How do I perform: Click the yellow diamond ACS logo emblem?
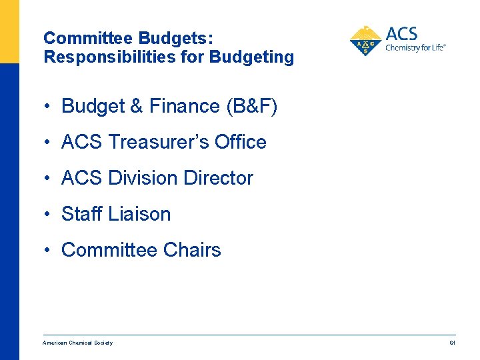tap(365, 41)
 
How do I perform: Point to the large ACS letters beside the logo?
tap(401, 33)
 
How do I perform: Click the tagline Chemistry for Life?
tap(415, 47)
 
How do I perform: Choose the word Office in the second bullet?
tap(240, 142)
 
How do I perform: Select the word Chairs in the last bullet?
tap(191, 250)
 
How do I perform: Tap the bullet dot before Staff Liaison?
tap(49, 214)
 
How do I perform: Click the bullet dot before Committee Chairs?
tap(49, 250)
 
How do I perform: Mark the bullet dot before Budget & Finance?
tap(49, 106)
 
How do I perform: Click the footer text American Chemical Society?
tap(77, 343)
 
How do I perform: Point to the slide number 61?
tap(452, 343)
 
